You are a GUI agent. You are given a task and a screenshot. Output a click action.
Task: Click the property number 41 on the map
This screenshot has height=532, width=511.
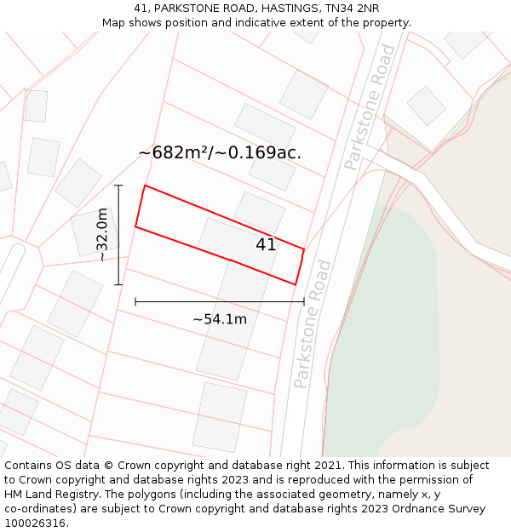266,245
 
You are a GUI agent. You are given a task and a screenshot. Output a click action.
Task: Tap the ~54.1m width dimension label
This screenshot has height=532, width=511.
219,320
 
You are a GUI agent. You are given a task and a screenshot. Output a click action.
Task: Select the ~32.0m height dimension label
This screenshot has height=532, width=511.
102,234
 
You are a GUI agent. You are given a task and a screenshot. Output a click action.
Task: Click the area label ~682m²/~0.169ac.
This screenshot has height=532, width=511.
220,153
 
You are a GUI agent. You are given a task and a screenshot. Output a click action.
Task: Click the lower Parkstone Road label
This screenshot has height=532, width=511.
312,324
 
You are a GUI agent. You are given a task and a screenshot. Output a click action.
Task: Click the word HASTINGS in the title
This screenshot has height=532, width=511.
284,9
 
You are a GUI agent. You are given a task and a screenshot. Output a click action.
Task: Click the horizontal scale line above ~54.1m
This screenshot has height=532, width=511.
219,301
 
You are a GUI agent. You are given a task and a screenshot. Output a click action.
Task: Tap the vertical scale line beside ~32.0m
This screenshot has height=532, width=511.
118,234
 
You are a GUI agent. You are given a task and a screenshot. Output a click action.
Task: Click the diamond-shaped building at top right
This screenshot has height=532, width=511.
426,106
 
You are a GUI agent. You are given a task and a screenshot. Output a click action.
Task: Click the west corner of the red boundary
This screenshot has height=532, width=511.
135,226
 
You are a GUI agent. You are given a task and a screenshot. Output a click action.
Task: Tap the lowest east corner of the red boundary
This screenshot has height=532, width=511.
296,284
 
